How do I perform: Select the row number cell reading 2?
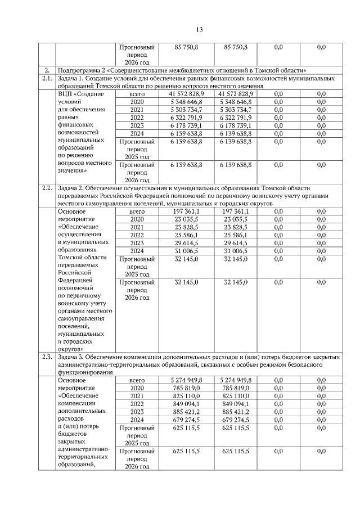tap(47, 70)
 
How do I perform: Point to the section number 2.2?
tap(47, 188)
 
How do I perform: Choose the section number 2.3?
tap(47, 357)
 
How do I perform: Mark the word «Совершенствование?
tap(148, 70)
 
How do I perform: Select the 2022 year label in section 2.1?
tap(137, 118)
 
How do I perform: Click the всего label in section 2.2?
tap(137, 211)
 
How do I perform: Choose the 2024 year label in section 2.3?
tap(137, 420)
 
